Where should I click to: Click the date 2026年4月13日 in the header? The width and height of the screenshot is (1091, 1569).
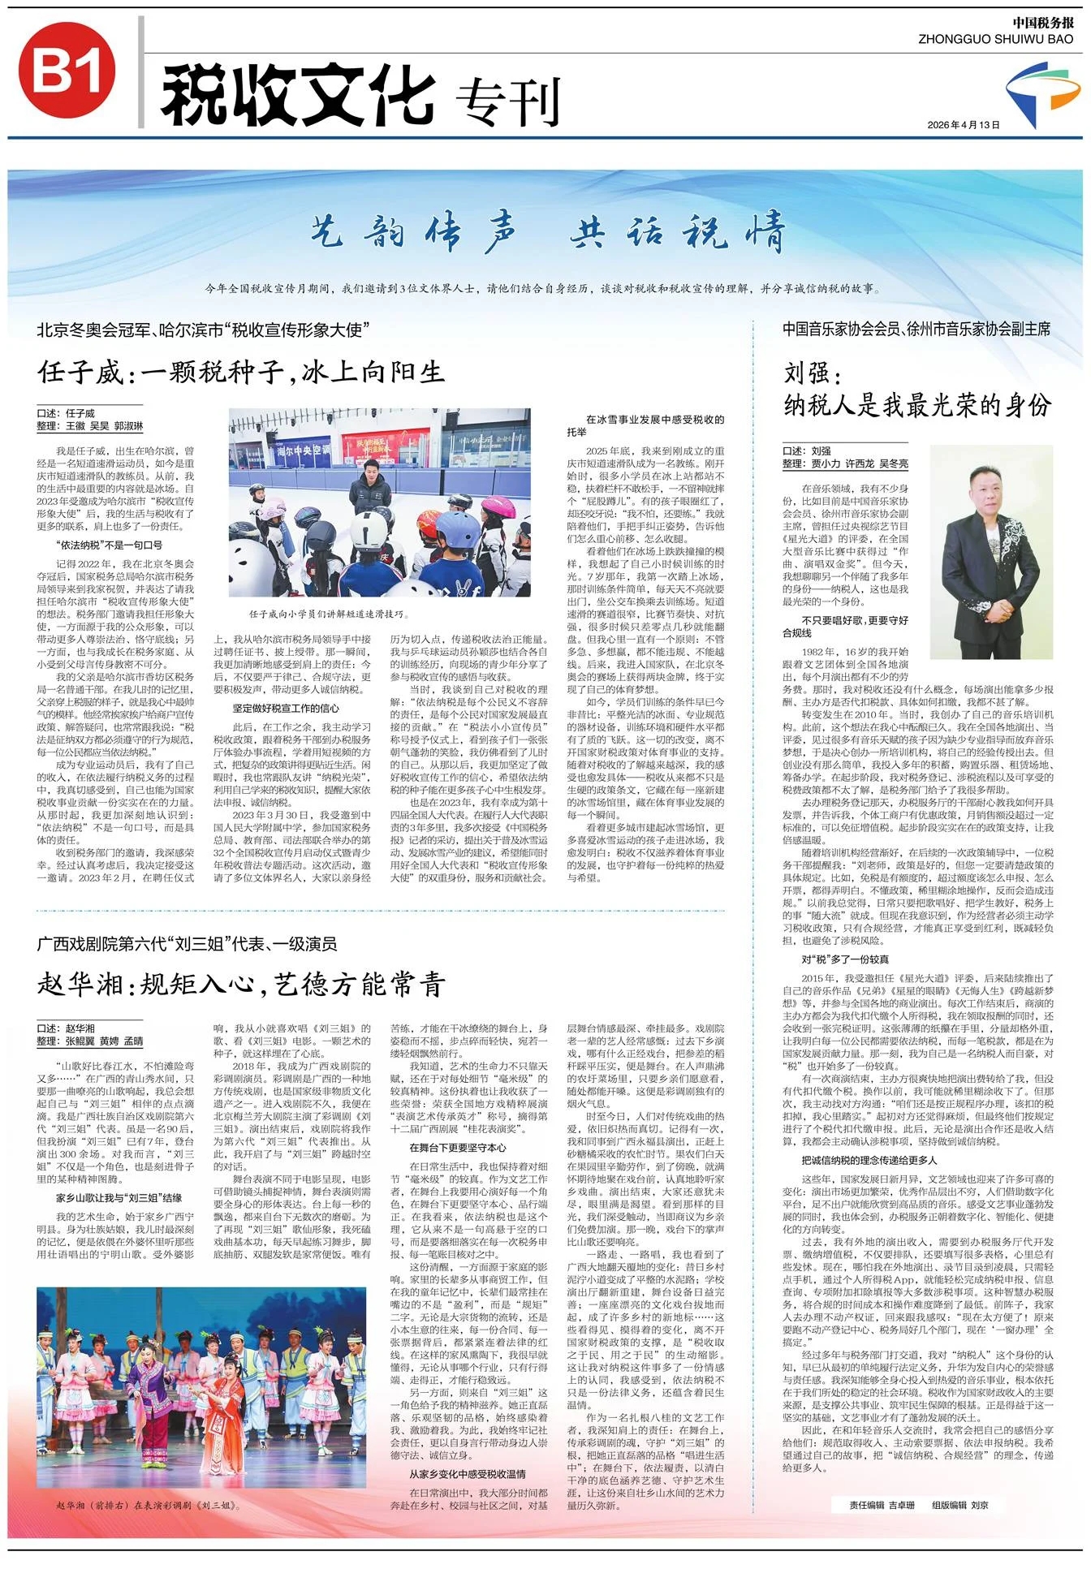[963, 124]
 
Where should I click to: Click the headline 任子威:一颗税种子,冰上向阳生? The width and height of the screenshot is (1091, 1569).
[241, 372]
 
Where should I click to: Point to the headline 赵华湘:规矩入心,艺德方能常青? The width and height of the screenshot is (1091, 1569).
[241, 984]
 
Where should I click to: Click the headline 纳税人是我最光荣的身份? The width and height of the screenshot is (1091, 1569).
[917, 404]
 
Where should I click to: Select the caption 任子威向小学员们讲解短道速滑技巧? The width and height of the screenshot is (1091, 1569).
[330, 614]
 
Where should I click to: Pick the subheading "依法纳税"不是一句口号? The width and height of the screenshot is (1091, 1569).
[109, 545]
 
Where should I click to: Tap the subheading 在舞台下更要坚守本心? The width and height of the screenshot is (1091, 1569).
[457, 1148]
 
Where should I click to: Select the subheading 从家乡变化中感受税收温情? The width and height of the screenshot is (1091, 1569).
[467, 1450]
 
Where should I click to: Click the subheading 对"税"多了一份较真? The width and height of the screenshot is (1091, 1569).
[845, 959]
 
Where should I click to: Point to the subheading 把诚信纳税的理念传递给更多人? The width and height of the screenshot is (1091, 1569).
[869, 1160]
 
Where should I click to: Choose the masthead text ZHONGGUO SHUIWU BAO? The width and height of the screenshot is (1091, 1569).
[995, 39]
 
